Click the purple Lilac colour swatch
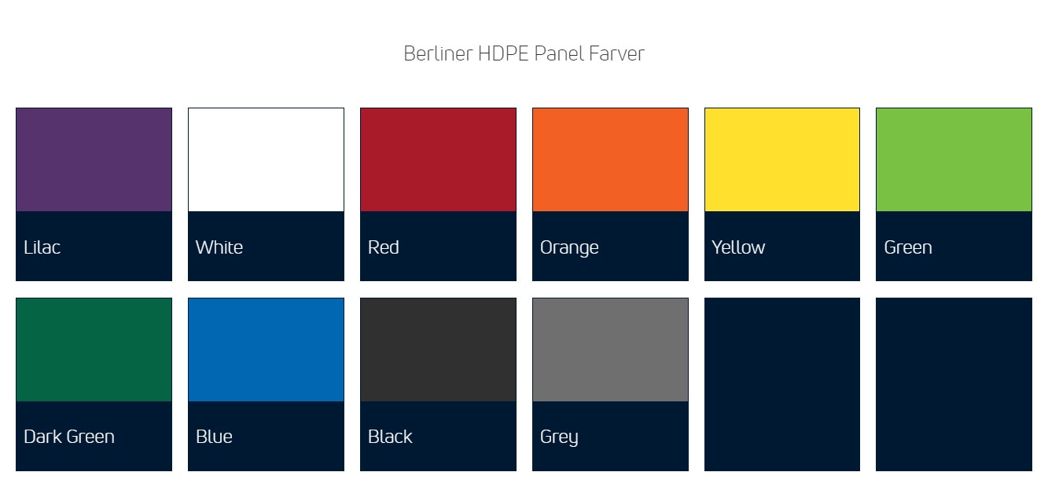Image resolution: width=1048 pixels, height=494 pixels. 94,160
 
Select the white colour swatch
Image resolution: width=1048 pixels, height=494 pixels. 266,160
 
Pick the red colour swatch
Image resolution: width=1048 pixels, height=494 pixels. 438,160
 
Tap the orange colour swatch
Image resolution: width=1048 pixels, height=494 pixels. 610,160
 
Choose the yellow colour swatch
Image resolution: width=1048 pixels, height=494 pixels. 781,160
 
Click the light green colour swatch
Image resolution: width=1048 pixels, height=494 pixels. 954,160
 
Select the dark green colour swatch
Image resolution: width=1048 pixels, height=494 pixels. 94,349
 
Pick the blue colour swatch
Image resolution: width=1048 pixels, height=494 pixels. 266,349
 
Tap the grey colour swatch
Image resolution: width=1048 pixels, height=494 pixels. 610,349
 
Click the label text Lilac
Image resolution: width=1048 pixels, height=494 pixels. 42,247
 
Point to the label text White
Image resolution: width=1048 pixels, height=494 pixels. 219,247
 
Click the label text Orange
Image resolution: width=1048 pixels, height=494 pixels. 569,248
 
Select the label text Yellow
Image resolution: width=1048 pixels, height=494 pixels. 738,247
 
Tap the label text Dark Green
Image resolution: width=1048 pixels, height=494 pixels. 69,437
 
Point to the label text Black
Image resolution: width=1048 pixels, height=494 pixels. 390,437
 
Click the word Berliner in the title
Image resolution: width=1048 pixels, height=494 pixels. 438,53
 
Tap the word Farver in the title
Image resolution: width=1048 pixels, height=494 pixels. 616,53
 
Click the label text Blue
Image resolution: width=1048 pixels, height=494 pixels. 214,437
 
